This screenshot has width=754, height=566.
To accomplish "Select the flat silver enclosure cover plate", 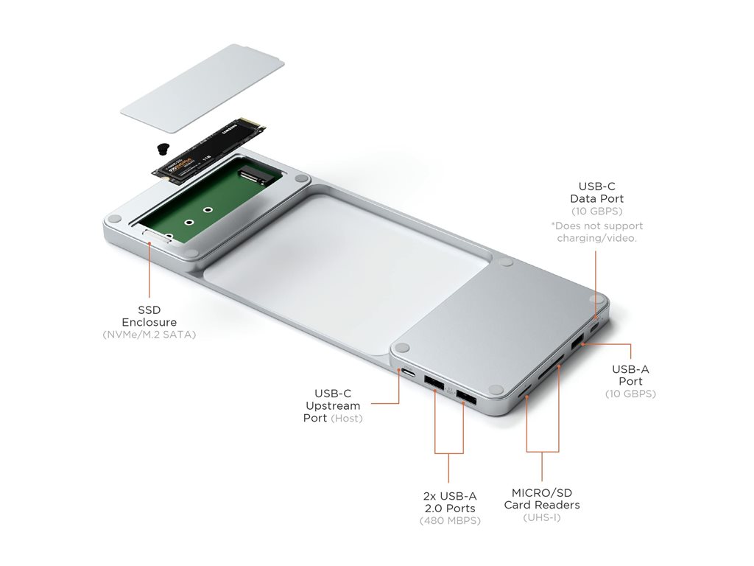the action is click(x=202, y=89).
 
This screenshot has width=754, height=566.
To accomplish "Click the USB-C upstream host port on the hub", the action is click(x=409, y=373).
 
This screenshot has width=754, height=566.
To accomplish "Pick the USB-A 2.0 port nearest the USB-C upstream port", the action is click(x=434, y=383).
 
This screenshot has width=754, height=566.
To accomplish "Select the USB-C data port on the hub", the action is click(x=595, y=328).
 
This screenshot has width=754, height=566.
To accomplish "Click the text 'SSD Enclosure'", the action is click(x=149, y=315).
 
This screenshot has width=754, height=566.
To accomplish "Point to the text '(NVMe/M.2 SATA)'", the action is click(x=149, y=335).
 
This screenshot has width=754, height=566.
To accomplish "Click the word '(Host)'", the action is click(x=347, y=419).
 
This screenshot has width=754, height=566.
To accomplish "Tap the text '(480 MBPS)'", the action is click(x=450, y=520).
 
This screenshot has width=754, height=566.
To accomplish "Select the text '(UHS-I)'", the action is click(x=541, y=517).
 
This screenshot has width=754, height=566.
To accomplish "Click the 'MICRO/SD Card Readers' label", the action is click(x=542, y=499).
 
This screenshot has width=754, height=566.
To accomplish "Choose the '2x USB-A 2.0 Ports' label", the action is click(x=450, y=502).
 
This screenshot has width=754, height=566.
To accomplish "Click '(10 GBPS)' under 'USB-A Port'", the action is click(x=630, y=394).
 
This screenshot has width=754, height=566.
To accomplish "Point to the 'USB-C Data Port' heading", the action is click(x=596, y=192).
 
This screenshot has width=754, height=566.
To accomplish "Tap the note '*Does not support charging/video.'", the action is click(x=596, y=232).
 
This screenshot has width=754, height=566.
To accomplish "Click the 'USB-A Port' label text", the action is click(x=630, y=375).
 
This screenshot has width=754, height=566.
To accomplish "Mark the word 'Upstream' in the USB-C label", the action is click(x=333, y=406).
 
